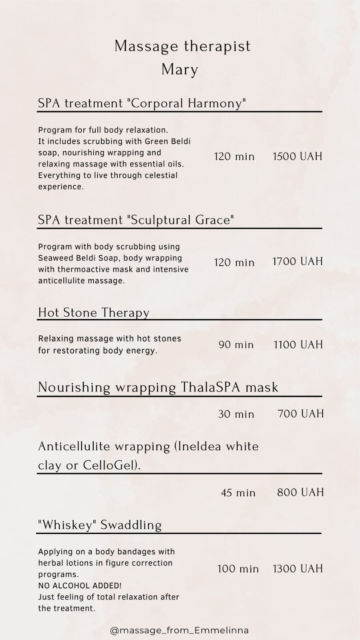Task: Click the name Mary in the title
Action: pos(180,70)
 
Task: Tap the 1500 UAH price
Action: pos(297,156)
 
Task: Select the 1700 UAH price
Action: pos(297,262)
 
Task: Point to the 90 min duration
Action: pos(236,345)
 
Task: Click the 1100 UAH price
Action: pos(298,345)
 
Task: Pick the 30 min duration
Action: pos(236,414)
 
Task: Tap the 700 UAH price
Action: pos(300,413)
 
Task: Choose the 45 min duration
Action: pos(238,493)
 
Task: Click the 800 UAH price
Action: pos(300,492)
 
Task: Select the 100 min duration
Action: pos(238,569)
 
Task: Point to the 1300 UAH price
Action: pos(298,569)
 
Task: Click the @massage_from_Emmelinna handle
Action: pos(179,630)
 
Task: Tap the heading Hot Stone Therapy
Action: pos(94,313)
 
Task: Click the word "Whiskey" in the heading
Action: pos(66,525)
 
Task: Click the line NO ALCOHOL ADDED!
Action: pos(80,586)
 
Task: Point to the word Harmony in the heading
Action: pos(217,104)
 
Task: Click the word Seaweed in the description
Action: pos(54,258)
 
